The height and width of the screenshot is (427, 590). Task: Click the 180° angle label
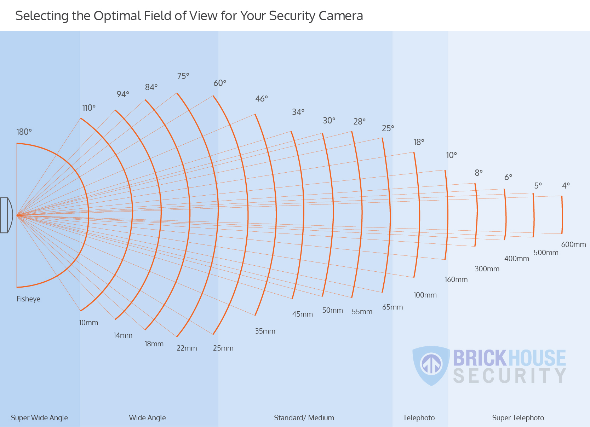[x=24, y=132]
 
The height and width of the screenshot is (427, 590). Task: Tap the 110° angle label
[x=89, y=108]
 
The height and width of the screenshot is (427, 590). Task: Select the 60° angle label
[x=220, y=83]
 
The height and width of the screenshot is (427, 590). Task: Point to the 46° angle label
[x=262, y=99]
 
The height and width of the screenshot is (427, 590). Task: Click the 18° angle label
[x=419, y=142]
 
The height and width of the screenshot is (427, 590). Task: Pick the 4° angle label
[x=566, y=186]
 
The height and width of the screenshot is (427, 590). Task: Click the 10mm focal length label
[x=88, y=323]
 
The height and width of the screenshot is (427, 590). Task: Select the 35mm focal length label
[x=265, y=331]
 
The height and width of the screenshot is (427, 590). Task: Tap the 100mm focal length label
[x=425, y=295]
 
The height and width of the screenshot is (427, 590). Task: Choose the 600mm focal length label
[x=573, y=244]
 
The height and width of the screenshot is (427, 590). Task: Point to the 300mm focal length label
[x=487, y=269]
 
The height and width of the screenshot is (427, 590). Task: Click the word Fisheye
[x=28, y=299]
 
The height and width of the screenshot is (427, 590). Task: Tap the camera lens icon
[x=6, y=215]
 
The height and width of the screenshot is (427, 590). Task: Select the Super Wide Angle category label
[x=39, y=418]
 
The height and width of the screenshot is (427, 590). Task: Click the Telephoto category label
[x=419, y=418]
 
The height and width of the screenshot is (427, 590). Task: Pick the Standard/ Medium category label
[x=304, y=418]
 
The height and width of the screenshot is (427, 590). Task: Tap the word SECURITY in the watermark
[x=510, y=376]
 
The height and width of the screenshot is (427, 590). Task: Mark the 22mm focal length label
[x=187, y=348]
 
